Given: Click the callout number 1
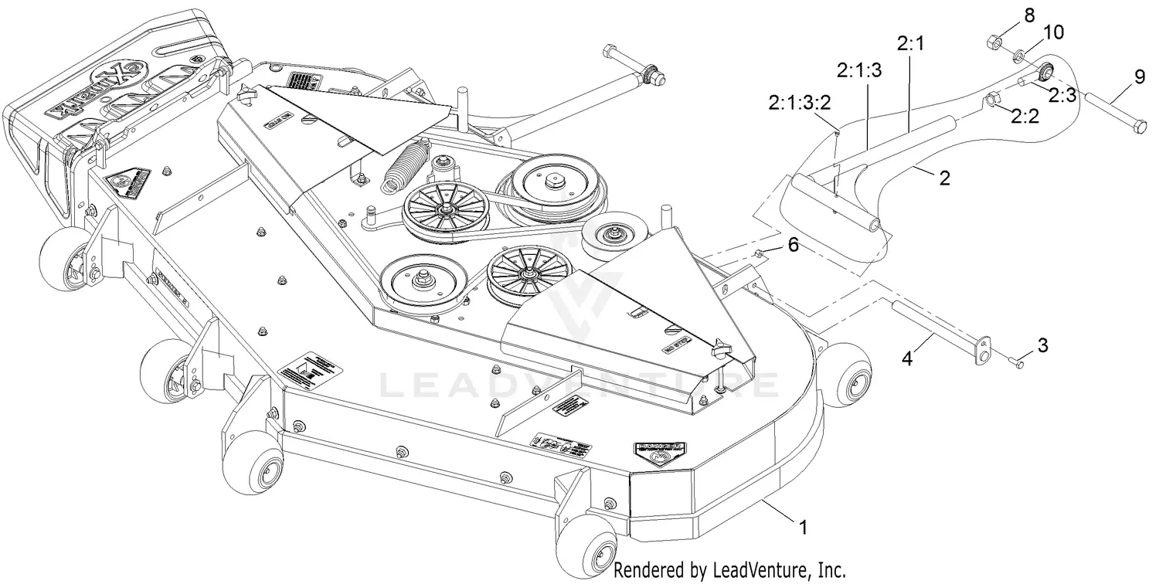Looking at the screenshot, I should (x=803, y=528).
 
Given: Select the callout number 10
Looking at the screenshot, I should (x=1053, y=32).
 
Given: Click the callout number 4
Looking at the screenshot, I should (x=908, y=359).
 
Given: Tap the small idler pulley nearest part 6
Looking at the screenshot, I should (x=615, y=233).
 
